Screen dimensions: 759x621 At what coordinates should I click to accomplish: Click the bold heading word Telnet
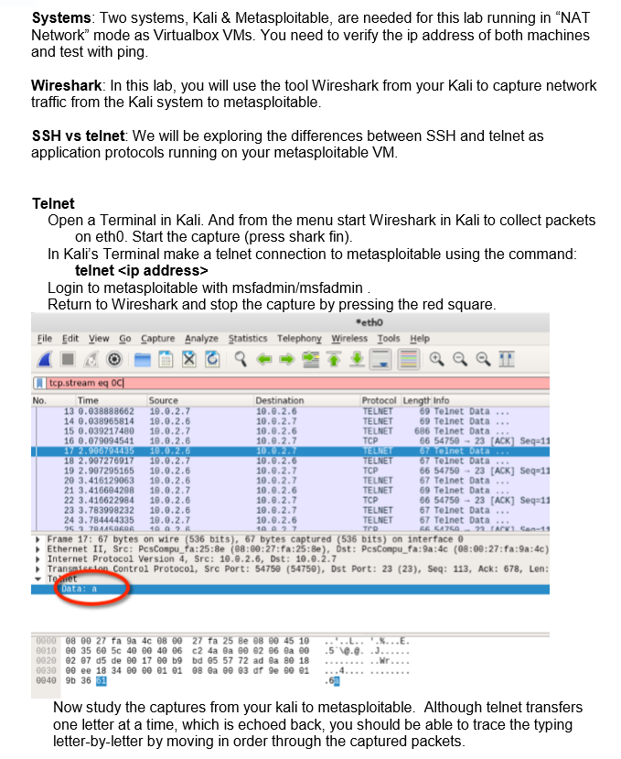(53, 203)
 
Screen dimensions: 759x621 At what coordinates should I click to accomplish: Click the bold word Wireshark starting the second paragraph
(66, 85)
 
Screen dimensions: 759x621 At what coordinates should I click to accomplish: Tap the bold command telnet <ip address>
(142, 271)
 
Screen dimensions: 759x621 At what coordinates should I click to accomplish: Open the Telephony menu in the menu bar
(299, 339)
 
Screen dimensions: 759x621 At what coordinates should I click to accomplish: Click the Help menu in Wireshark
(420, 339)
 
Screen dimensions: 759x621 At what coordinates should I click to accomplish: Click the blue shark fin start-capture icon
(42, 358)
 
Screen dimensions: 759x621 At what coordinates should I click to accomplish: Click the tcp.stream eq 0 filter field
(274, 384)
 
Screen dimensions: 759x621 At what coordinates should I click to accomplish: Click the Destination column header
(279, 400)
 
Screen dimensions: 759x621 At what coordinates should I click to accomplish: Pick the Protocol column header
(379, 400)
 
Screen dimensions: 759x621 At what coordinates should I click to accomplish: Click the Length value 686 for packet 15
(423, 431)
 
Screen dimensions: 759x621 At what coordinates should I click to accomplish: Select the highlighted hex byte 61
(102, 679)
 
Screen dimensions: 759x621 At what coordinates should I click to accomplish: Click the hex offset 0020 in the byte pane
(45, 658)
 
